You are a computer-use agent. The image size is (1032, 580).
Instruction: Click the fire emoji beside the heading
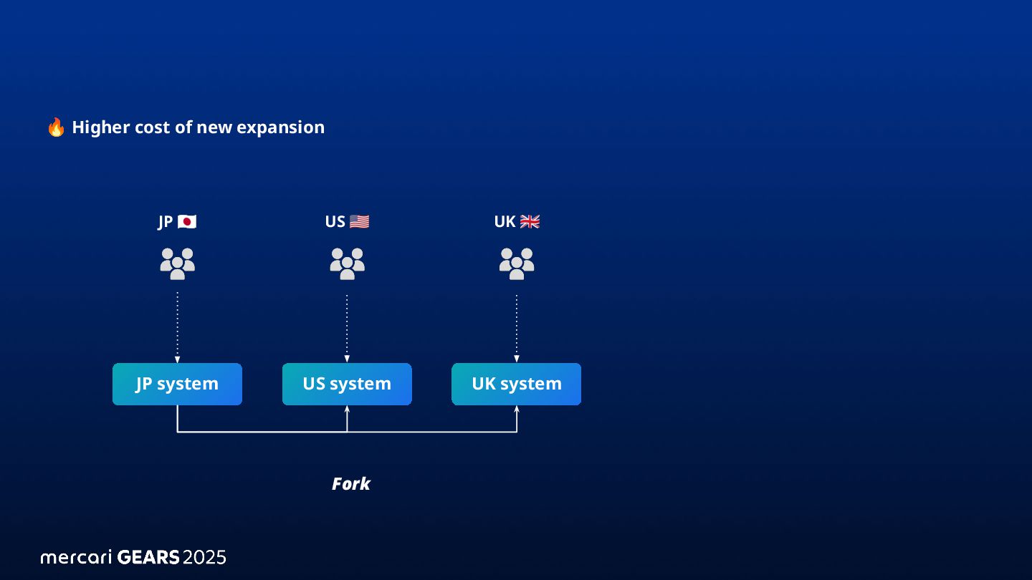point(56,127)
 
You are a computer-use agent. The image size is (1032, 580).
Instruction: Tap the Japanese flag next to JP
point(187,222)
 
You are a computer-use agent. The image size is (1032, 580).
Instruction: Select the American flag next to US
point(359,222)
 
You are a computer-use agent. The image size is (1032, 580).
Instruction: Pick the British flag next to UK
point(530,222)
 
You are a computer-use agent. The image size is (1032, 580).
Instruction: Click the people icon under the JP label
point(177,264)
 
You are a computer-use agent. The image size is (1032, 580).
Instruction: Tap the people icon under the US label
point(347,264)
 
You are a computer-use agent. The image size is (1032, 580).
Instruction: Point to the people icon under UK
point(517,264)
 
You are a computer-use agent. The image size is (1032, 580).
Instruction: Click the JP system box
point(177,384)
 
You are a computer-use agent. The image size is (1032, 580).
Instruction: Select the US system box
point(347,384)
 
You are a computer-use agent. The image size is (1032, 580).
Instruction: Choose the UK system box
point(516,384)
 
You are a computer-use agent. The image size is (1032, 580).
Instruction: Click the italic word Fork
point(350,484)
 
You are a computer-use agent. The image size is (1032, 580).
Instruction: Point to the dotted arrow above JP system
point(177,326)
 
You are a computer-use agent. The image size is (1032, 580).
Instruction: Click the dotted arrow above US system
point(347,326)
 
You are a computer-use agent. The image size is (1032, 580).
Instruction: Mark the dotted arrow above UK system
point(517,326)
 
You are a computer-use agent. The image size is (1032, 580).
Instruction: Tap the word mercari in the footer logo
point(76,557)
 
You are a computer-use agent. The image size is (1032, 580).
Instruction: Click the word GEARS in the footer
point(148,557)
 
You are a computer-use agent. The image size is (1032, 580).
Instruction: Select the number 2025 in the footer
point(204,557)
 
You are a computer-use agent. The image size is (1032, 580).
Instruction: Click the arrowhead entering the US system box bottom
point(347,410)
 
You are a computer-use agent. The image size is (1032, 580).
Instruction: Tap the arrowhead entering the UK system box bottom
point(517,410)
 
